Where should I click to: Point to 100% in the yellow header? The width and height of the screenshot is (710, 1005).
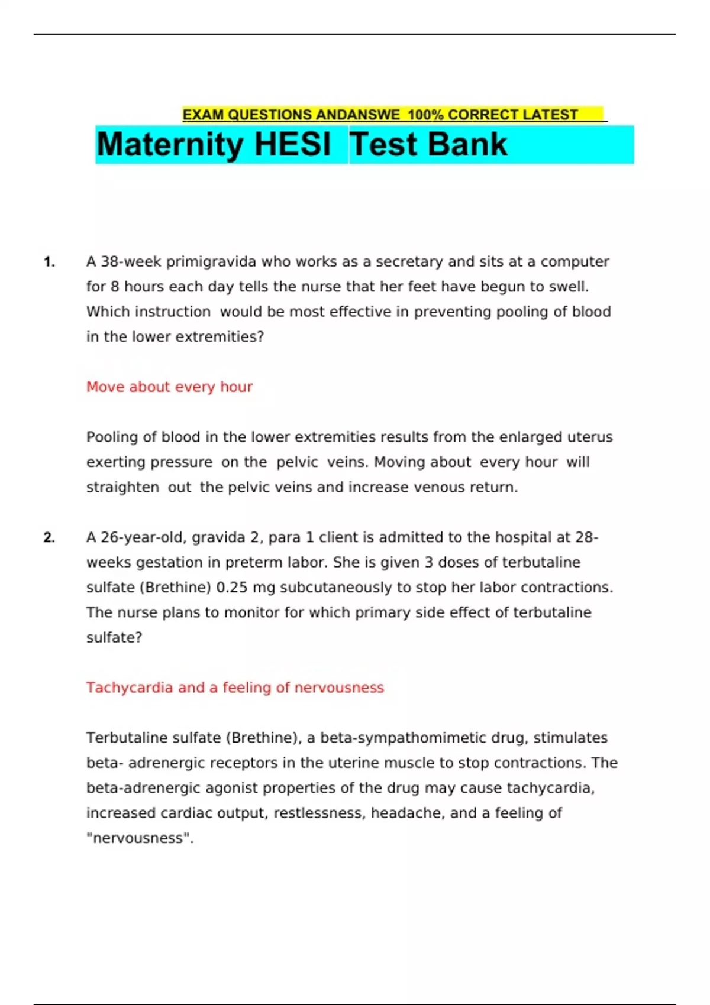coord(425,115)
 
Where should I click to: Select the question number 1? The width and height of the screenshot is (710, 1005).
coord(49,262)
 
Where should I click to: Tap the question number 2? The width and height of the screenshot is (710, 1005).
coord(49,537)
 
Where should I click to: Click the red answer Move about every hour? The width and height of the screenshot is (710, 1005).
coord(169,387)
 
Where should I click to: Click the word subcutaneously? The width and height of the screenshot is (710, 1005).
coord(336,588)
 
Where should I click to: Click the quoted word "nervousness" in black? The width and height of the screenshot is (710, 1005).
coord(139,838)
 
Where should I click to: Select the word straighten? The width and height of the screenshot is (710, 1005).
coord(122,488)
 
